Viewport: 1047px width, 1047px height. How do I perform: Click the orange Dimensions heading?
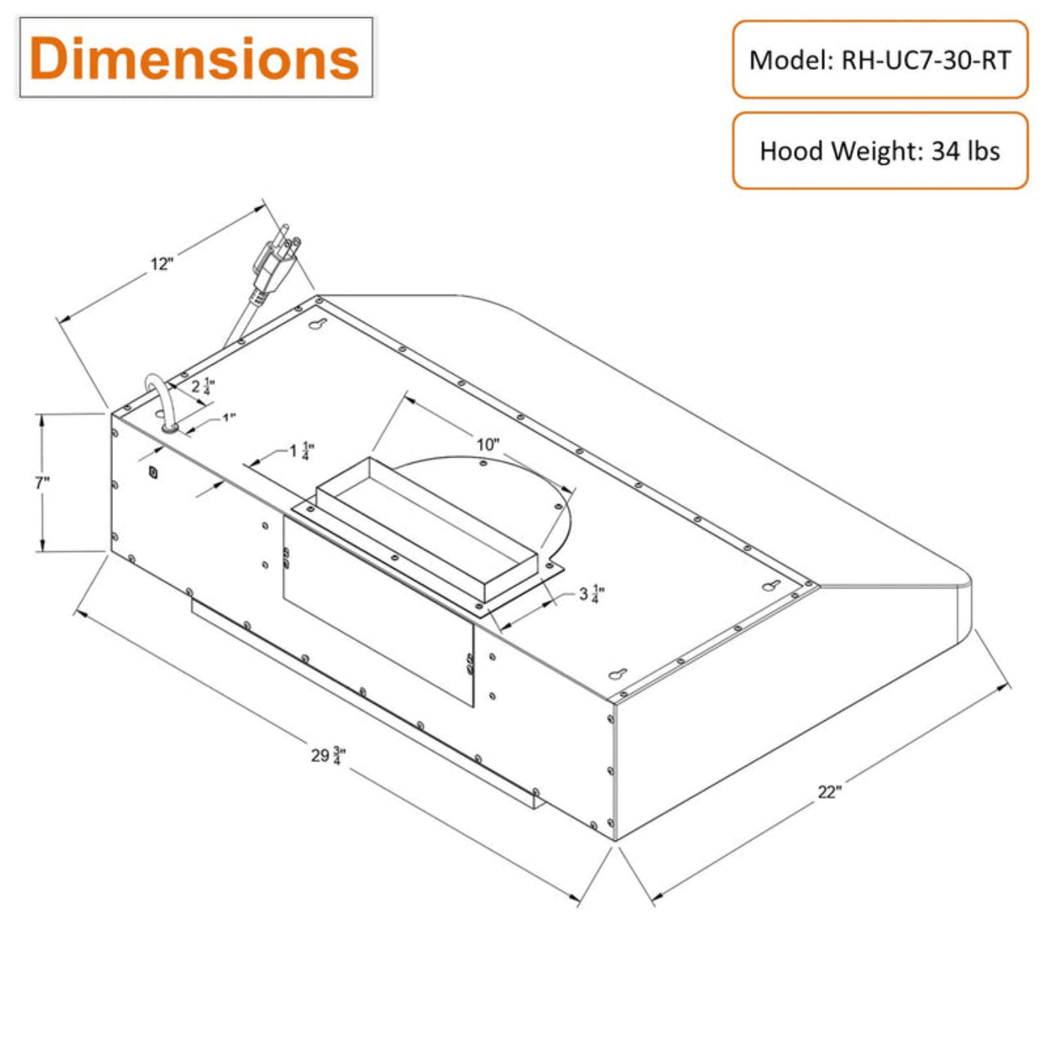[194, 58]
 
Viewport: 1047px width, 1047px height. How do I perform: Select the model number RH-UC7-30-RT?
[926, 61]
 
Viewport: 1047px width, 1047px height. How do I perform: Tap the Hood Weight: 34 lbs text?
[879, 150]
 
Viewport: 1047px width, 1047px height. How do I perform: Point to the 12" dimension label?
[162, 264]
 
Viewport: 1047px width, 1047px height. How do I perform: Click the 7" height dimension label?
[43, 482]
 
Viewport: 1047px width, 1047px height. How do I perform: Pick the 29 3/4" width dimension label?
[328, 756]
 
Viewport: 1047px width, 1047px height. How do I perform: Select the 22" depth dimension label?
[829, 792]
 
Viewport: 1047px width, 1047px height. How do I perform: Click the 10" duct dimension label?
[488, 444]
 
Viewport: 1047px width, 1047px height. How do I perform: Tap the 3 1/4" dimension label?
[592, 595]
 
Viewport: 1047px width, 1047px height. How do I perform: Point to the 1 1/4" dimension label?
[301, 451]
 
